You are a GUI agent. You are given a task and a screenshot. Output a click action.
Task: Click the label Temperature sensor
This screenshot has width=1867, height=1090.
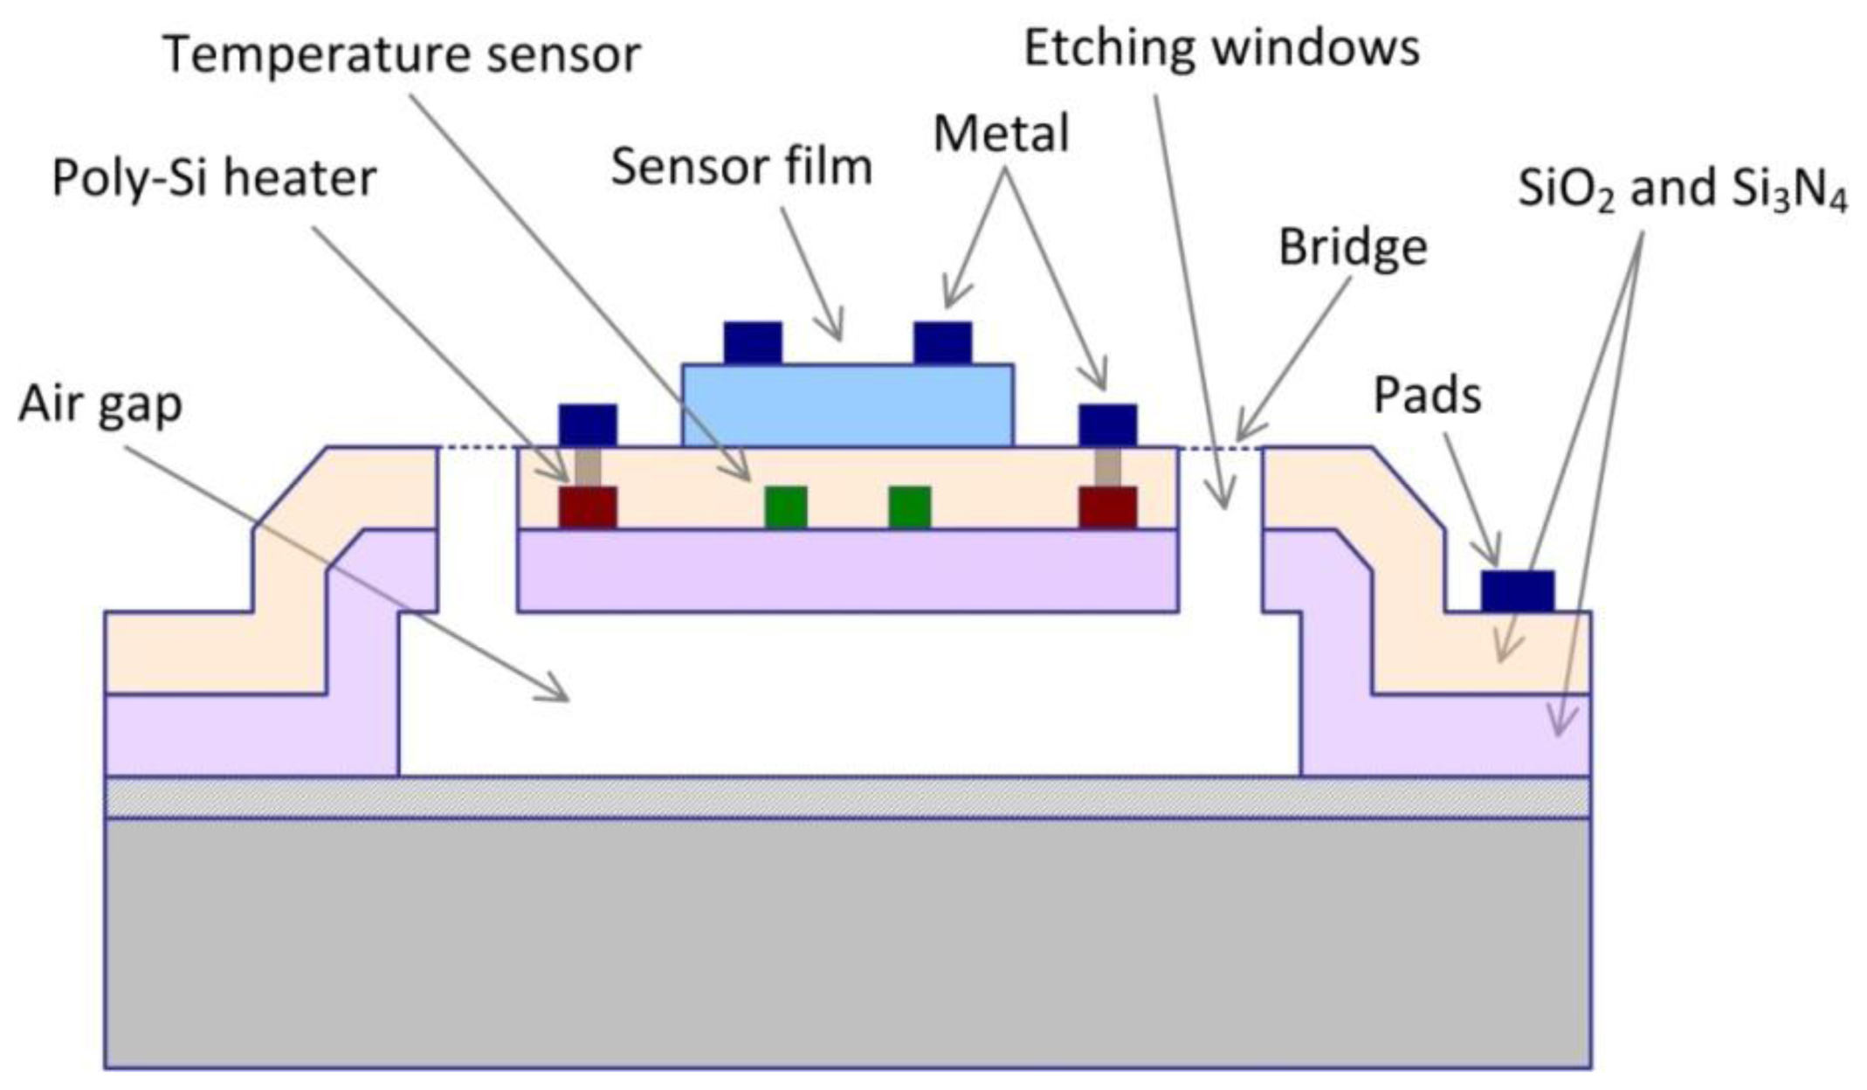[x=402, y=54]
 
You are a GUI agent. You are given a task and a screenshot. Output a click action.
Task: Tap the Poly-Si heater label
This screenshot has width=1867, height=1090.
[x=214, y=179]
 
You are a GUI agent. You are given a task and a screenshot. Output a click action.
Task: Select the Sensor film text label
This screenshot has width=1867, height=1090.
[x=741, y=166]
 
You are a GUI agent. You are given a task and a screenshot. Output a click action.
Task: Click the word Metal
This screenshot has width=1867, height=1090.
[x=1001, y=135]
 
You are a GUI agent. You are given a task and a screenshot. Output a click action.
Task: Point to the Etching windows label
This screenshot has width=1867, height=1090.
[x=1221, y=48]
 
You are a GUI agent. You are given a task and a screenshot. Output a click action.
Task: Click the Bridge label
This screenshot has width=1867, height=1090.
[x=1353, y=247]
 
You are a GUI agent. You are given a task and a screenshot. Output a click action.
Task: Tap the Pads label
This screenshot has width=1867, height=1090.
[x=1427, y=395]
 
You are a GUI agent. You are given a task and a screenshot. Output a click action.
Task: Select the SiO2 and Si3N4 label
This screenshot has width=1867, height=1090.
[x=1682, y=189]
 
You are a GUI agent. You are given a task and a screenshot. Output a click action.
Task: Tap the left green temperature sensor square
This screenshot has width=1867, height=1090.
[x=786, y=507]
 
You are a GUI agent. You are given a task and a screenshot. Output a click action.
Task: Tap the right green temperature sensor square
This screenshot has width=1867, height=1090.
[x=909, y=507]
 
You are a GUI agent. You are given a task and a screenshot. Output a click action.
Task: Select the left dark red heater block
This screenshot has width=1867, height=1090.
[x=588, y=507]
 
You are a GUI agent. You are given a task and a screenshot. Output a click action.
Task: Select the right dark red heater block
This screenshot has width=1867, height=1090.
[x=1107, y=507]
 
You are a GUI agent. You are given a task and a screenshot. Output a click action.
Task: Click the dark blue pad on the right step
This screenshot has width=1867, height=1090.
[x=1518, y=590]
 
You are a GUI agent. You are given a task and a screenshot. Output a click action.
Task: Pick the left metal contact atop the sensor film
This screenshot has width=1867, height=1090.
[x=753, y=342]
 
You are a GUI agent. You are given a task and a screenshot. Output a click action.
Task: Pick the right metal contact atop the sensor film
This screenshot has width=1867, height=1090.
[x=942, y=342]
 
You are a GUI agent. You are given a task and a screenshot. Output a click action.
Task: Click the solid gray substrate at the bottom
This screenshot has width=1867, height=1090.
[x=847, y=943]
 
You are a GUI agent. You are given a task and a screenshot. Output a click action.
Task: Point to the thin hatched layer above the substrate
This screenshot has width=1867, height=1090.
[x=847, y=797]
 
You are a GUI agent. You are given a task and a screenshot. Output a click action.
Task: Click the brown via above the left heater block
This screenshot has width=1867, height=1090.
[x=588, y=466]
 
